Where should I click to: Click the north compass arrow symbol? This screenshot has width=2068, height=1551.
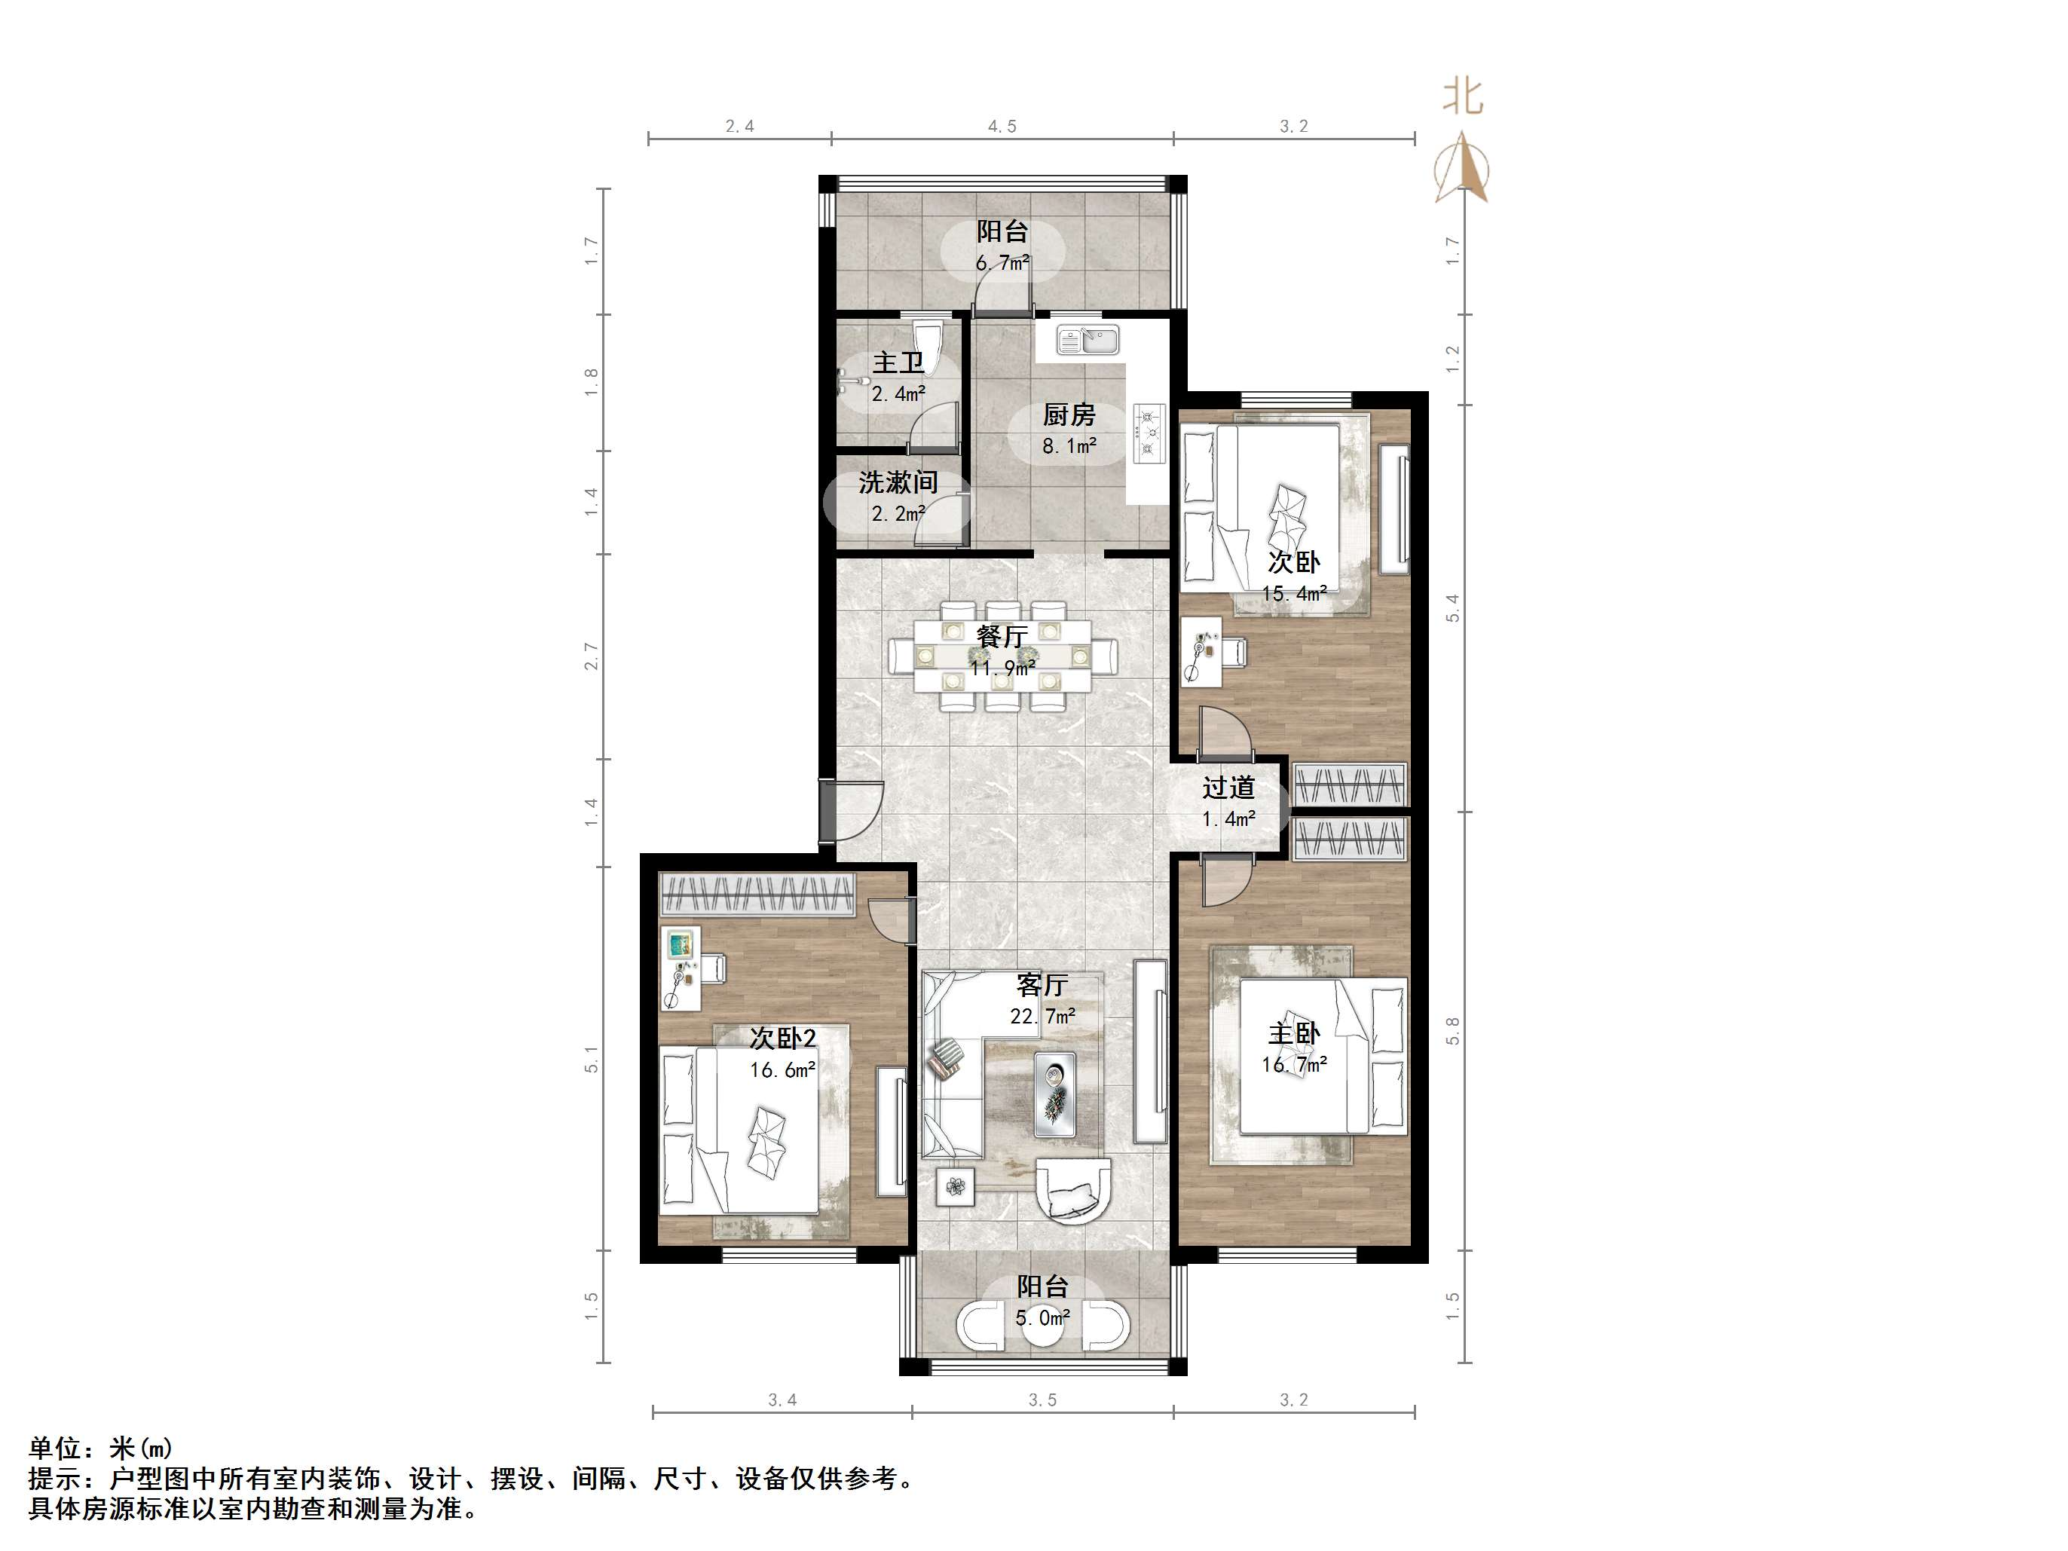[1461, 167]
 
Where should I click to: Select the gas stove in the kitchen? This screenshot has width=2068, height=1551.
[1149, 433]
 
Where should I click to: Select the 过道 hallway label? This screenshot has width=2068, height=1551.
[1228, 788]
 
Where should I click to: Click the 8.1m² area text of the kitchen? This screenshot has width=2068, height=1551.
[1069, 447]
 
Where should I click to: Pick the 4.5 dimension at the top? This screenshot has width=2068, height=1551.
[1002, 126]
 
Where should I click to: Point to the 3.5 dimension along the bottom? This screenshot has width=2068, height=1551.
[1042, 1400]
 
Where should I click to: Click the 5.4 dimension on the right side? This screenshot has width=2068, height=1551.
[1452, 607]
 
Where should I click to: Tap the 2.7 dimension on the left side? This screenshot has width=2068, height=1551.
[591, 656]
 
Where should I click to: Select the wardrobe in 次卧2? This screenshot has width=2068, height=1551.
[757, 894]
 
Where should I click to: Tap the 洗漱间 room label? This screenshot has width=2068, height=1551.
[898, 482]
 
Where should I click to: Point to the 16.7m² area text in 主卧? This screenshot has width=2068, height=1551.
[1294, 1064]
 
